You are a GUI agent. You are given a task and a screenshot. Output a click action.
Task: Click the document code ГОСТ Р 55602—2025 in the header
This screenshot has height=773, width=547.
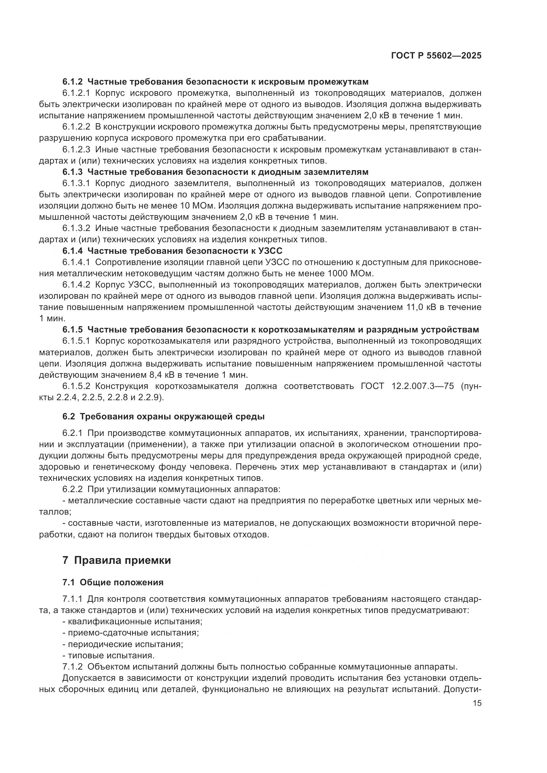click(436, 56)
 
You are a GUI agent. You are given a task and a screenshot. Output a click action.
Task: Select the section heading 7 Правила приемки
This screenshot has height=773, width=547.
click(116, 560)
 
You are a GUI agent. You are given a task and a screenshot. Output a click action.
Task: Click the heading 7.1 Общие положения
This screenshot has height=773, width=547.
click(113, 582)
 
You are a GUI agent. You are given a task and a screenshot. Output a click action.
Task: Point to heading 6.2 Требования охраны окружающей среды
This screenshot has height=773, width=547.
click(163, 416)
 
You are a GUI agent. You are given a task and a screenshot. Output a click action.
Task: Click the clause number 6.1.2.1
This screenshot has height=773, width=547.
click(76, 93)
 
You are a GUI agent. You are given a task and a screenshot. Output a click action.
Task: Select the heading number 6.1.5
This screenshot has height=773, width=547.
click(72, 329)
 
